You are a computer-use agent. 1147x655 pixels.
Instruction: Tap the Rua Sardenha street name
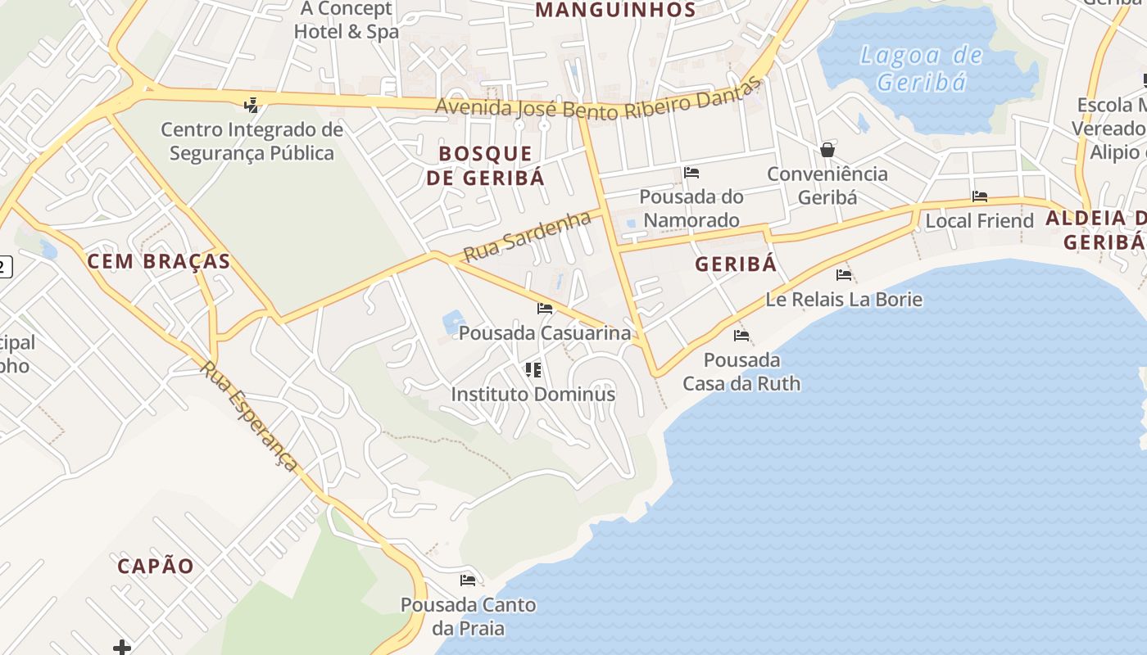[527, 237]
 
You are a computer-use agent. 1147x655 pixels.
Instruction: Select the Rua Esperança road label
[249, 417]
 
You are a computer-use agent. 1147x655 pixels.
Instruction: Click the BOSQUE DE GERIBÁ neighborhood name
[485, 165]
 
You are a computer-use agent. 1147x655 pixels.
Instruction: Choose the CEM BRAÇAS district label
[158, 261]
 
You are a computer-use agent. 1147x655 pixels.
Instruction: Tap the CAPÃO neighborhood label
[156, 566]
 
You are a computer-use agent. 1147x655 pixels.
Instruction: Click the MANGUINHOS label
[615, 10]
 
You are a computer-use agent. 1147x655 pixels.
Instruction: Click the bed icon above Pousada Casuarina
[545, 309]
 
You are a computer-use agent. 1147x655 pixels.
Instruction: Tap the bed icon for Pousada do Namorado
[691, 173]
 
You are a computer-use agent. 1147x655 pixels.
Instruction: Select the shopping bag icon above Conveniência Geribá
[827, 150]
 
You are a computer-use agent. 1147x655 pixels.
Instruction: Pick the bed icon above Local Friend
[979, 196]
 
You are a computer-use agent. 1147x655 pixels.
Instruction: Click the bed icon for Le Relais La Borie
[844, 275]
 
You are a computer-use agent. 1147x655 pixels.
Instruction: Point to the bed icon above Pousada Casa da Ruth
[741, 336]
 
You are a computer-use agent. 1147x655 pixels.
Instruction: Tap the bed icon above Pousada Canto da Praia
[468, 580]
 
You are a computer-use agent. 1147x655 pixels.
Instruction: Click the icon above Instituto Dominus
[533, 370]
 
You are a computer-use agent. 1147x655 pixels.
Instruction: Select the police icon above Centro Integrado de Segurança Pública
[252, 105]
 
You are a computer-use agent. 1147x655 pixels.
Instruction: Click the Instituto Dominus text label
[533, 394]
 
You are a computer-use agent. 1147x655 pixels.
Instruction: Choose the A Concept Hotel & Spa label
[347, 20]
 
